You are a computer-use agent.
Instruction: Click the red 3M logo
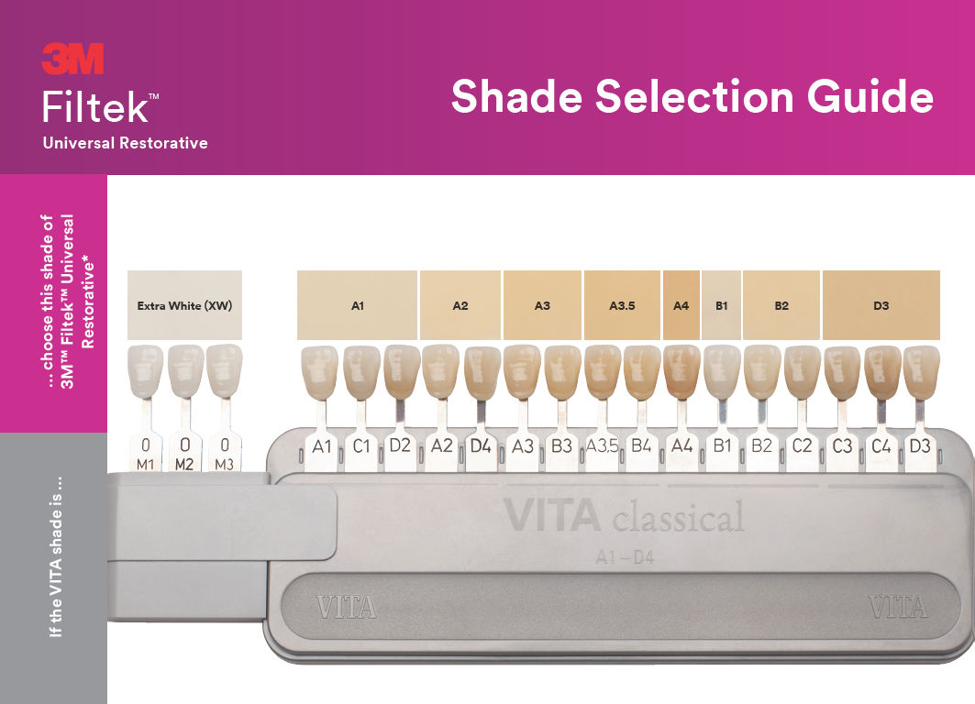pyautogui.click(x=72, y=59)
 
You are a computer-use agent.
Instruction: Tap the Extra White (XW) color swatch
pyautogui.click(x=184, y=305)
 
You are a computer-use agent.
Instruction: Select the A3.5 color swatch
pyautogui.click(x=622, y=305)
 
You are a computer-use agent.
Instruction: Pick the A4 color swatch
pyautogui.click(x=681, y=305)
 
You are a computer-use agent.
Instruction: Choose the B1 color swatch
pyautogui.click(x=721, y=305)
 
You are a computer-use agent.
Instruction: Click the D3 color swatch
pyautogui.click(x=881, y=305)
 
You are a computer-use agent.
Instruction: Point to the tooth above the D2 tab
pyautogui.click(x=401, y=371)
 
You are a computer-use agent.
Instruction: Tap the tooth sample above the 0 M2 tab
pyautogui.click(x=185, y=371)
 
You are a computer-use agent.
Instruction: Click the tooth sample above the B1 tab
pyautogui.click(x=722, y=372)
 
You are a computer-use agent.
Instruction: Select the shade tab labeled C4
pyautogui.click(x=881, y=447)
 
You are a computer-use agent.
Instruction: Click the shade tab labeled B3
pyautogui.click(x=561, y=447)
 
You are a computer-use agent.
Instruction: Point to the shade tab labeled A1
pyautogui.click(x=321, y=447)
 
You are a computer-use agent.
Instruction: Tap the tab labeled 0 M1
pyautogui.click(x=146, y=453)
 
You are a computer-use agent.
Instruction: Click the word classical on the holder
pyautogui.click(x=679, y=517)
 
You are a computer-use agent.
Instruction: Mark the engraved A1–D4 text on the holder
pyautogui.click(x=625, y=557)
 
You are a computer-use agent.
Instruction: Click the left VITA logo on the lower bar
pyautogui.click(x=346, y=607)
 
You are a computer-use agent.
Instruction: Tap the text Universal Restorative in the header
pyautogui.click(x=125, y=143)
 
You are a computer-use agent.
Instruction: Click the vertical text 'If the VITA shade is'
pyautogui.click(x=55, y=556)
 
